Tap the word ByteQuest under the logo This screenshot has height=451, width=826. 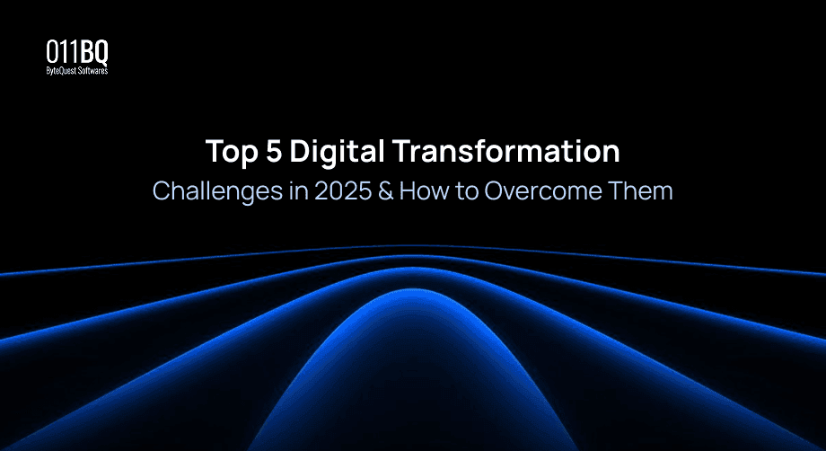(x=62, y=70)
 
